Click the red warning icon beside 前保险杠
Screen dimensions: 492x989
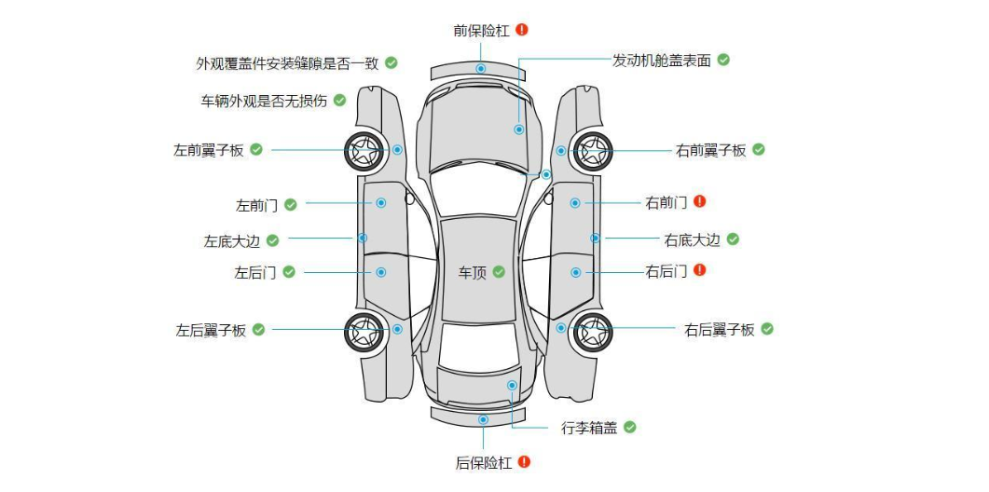[x=522, y=30]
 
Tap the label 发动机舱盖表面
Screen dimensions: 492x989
[x=661, y=61]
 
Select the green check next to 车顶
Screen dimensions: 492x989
[x=499, y=272]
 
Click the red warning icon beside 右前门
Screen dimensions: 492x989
[x=699, y=201]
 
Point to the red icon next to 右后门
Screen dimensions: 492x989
[x=699, y=270]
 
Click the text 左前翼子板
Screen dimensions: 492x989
[x=208, y=150]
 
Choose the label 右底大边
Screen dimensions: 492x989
[x=692, y=240]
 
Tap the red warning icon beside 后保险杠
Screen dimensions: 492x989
[x=524, y=461]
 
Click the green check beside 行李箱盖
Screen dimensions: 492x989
[x=630, y=427]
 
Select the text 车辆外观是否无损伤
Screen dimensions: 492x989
[x=264, y=101]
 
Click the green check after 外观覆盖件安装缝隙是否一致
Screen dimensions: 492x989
[x=391, y=62]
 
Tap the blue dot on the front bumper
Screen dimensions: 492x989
[x=481, y=69]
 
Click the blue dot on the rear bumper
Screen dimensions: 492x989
[x=483, y=419]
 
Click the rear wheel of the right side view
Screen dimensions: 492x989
[x=592, y=330]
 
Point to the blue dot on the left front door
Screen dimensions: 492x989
[x=381, y=202]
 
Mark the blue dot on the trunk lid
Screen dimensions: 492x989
[x=512, y=384]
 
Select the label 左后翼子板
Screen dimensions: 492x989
[x=211, y=330]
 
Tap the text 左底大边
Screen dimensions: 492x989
[x=231, y=240]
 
